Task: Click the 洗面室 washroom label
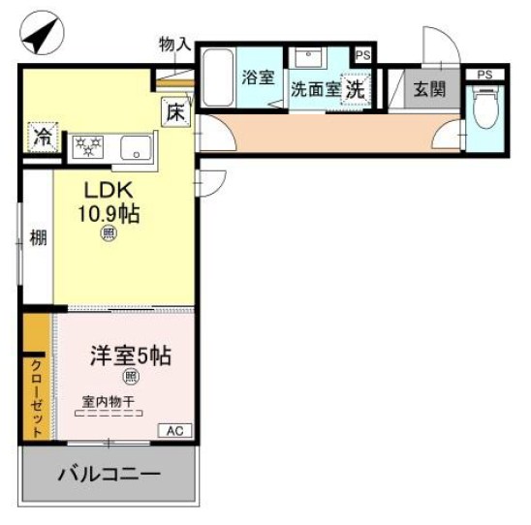pyautogui.click(x=316, y=89)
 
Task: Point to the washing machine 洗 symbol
pyautogui.click(x=356, y=87)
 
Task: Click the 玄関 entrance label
pyautogui.click(x=429, y=89)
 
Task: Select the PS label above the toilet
pyautogui.click(x=484, y=74)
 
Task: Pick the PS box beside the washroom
pyautogui.click(x=362, y=56)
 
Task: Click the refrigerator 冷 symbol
pyautogui.click(x=43, y=138)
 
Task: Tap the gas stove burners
pyautogui.click(x=89, y=146)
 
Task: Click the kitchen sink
pyautogui.click(x=135, y=147)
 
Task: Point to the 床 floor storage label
pyautogui.click(x=174, y=112)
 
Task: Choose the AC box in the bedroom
pyautogui.click(x=175, y=430)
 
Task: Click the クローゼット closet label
pyautogui.click(x=36, y=398)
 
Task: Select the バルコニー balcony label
pyautogui.click(x=109, y=476)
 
